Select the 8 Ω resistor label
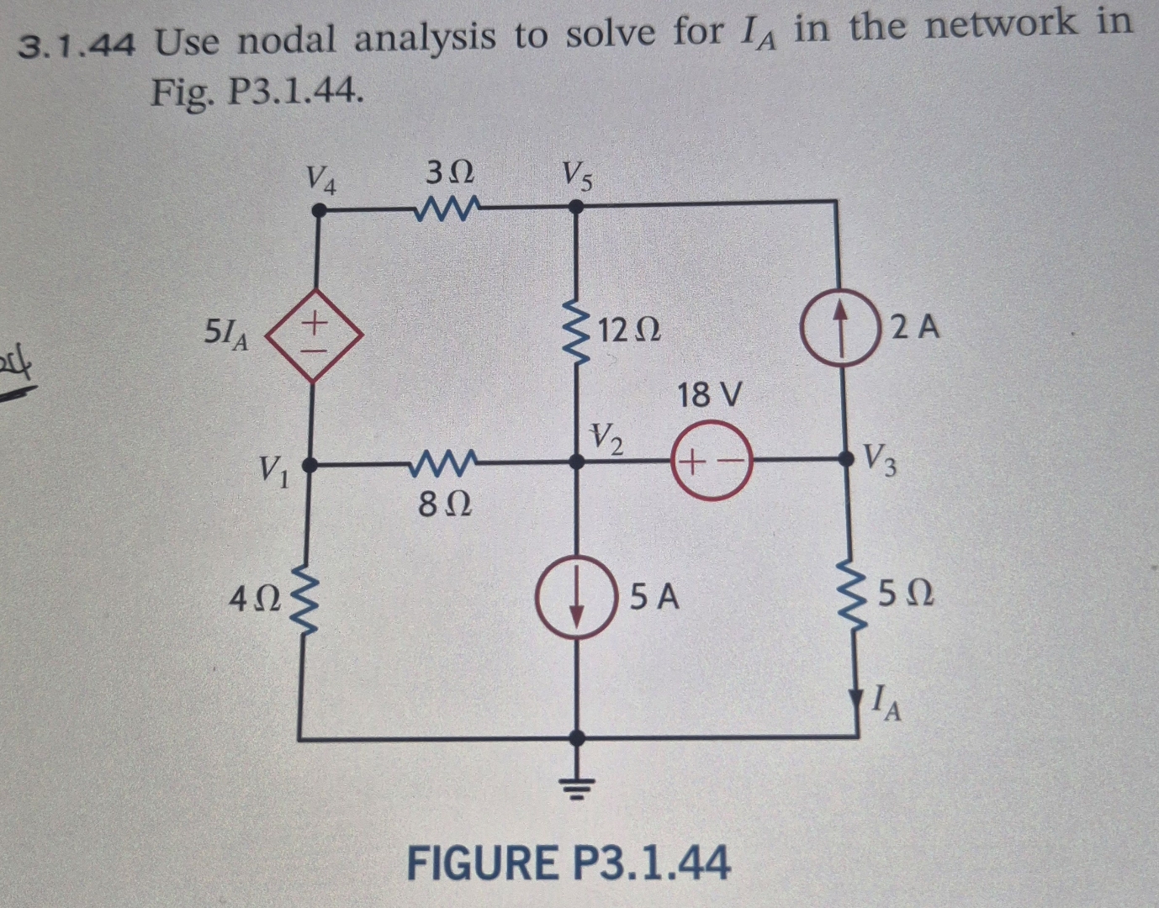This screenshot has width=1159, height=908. click(x=444, y=504)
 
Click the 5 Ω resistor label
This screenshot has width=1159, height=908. click(x=906, y=594)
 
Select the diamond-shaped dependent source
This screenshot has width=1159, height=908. click(x=314, y=334)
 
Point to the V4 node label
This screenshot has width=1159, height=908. click(x=321, y=178)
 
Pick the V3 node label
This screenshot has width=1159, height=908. click(x=881, y=458)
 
